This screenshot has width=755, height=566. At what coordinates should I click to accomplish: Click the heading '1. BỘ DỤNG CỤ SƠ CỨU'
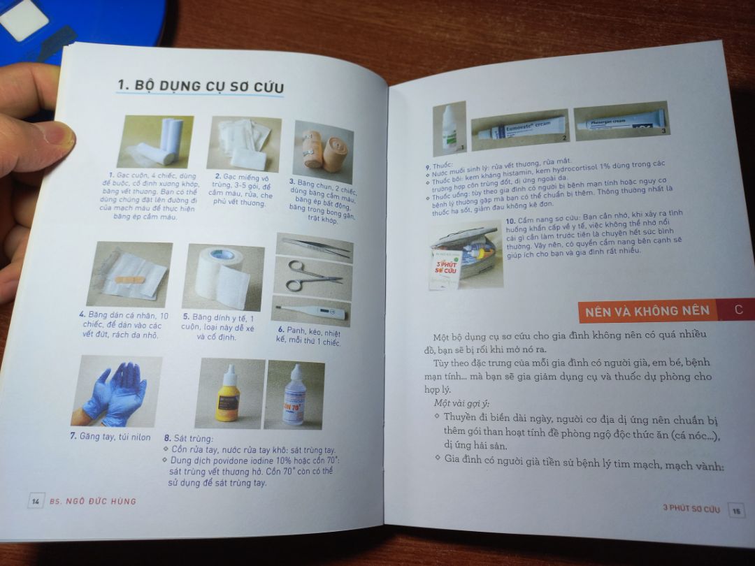tap(200, 86)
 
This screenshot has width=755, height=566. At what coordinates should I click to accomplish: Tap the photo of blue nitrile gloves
tap(117, 392)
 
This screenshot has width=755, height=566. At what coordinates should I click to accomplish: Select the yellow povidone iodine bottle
tap(228, 396)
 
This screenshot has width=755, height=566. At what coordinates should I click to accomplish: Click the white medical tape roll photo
tap(222, 277)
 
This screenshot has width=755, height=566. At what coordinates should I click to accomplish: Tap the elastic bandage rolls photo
tap(323, 151)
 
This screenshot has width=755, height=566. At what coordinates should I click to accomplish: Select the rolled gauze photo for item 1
tap(159, 142)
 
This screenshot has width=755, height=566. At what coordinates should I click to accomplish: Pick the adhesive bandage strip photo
tap(134, 274)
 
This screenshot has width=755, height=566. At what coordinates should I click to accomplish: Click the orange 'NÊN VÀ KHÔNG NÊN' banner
tap(647, 310)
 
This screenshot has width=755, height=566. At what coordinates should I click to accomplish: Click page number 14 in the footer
tap(35, 501)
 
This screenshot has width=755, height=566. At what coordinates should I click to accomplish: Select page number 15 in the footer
tap(735, 510)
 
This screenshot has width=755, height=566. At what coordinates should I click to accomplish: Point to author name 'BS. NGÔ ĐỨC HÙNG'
tap(93, 501)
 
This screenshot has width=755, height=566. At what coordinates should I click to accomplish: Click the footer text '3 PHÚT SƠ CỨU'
tap(691, 509)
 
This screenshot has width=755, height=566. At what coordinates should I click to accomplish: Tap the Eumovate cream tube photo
tap(518, 127)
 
